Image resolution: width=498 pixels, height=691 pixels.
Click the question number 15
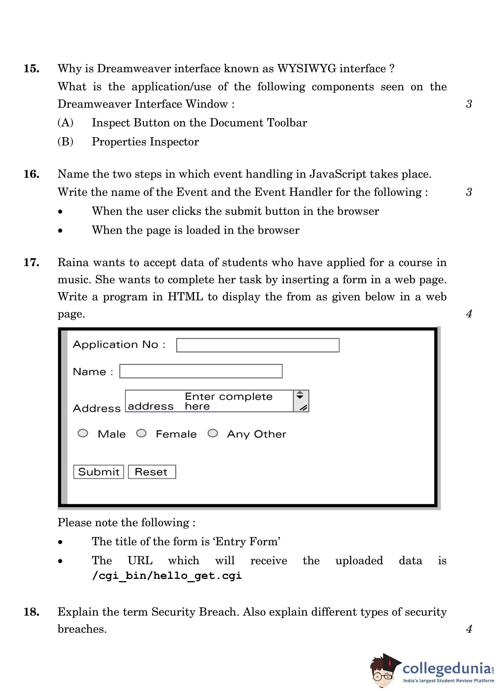(x=31, y=69)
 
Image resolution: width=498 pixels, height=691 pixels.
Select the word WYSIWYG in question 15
(x=306, y=69)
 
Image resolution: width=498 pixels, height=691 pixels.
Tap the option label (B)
(x=65, y=142)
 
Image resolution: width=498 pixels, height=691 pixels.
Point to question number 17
(x=31, y=262)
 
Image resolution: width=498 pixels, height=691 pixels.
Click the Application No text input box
(x=257, y=345)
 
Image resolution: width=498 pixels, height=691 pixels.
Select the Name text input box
(x=201, y=371)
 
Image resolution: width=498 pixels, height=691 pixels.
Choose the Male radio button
(x=83, y=433)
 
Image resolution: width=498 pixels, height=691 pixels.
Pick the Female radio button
(x=141, y=433)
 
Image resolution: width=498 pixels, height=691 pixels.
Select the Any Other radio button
(x=212, y=433)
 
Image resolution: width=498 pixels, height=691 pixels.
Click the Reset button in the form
(x=152, y=472)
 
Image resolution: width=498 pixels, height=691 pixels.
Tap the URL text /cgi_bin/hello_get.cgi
(x=167, y=576)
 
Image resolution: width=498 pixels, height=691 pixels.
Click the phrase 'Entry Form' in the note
(x=248, y=541)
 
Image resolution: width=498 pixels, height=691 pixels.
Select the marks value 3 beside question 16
(x=469, y=192)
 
